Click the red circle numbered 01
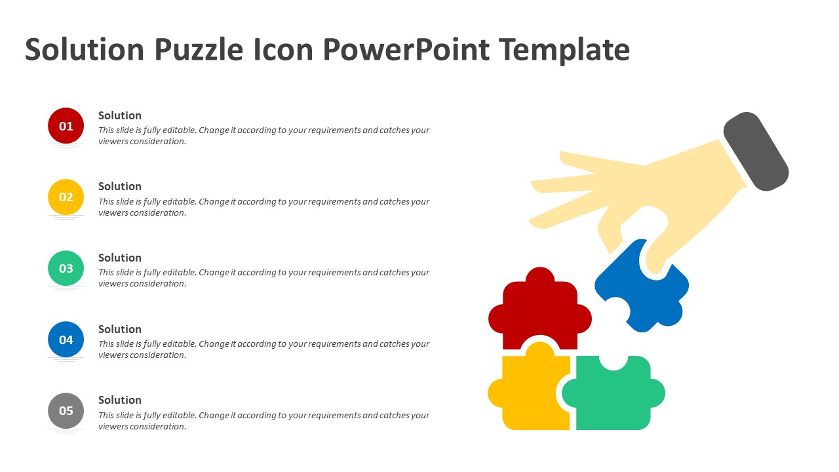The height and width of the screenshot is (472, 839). [66, 126]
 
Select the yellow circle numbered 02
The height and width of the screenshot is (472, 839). [66, 197]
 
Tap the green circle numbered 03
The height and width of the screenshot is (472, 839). [66, 268]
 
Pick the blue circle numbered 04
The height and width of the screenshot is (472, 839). [66, 340]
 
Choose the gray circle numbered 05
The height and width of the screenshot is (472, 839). [66, 410]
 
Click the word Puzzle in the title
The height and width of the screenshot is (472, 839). [199, 50]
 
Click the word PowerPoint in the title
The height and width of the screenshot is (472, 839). [406, 49]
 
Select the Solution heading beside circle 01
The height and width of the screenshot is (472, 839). [120, 115]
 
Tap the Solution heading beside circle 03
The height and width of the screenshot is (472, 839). [120, 258]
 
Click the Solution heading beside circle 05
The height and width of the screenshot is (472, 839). [120, 400]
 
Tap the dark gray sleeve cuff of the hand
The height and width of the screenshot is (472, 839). [756, 151]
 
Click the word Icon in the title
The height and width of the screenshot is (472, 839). [283, 49]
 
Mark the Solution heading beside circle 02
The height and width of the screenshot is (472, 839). [120, 187]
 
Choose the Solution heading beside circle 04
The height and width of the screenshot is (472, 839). [120, 329]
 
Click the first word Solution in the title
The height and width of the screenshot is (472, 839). [85, 49]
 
